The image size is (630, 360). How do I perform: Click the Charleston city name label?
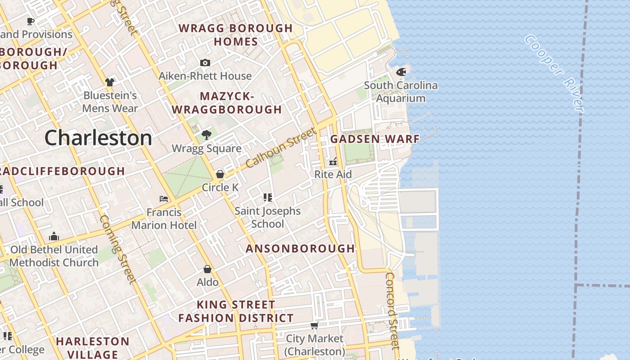pos(98,138)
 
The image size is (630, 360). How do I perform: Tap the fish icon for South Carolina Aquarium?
pos(401,72)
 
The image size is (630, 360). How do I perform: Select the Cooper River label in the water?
pos(554,73)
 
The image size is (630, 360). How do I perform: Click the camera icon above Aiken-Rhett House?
pos(205,63)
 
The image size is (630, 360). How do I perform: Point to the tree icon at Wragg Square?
pos(207,135)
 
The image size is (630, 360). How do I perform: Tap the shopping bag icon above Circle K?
pos(220,174)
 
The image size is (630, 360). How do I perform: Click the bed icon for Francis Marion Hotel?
pos(164,198)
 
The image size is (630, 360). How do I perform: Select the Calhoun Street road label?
pos(281,148)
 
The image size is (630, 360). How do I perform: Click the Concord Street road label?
pos(392,310)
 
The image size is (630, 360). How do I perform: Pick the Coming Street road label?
pos(117,249)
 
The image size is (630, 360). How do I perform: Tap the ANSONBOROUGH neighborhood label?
pos(300,248)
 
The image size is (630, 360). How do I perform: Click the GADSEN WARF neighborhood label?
pos(375,139)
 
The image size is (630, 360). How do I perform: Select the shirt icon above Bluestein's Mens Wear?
pos(110,82)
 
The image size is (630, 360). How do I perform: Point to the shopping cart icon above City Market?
pos(315,325)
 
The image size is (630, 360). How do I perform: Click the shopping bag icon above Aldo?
pos(207,269)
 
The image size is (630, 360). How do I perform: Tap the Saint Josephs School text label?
pos(267,217)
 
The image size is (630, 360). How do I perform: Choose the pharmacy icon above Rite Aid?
pos(333,161)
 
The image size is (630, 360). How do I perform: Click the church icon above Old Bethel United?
pos(54,236)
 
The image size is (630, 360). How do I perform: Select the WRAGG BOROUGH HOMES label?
pos(236,35)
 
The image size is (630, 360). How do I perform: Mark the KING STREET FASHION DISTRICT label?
pos(236,311)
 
